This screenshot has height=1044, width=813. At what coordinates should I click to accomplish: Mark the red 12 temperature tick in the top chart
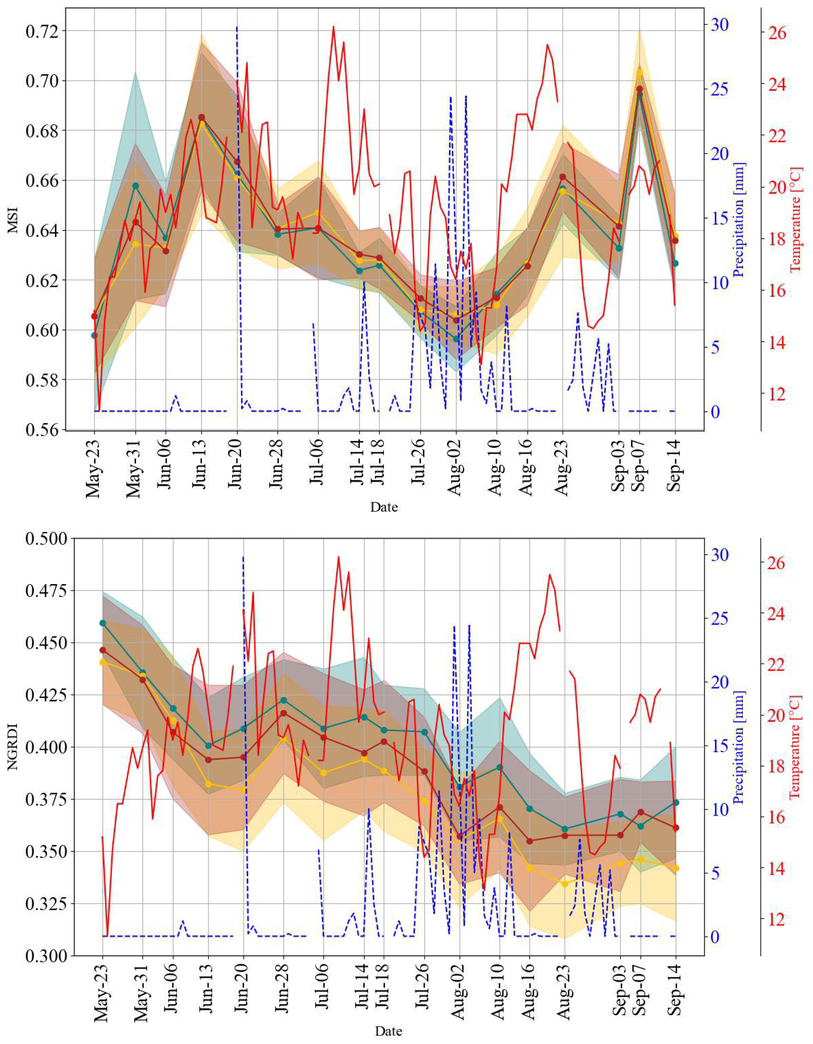coord(776,394)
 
